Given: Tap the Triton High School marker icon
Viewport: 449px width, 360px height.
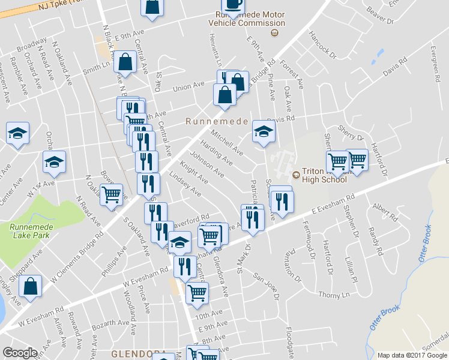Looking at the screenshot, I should click(x=295, y=175).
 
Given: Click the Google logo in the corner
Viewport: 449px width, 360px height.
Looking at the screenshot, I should click(x=20, y=353).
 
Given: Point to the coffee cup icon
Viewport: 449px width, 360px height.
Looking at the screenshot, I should click(x=232, y=4).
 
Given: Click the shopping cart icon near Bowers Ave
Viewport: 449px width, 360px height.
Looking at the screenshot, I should click(x=112, y=195).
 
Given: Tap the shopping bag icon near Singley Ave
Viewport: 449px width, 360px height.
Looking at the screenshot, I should click(x=30, y=287).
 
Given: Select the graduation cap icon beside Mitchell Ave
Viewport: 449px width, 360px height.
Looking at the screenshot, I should click(x=263, y=132).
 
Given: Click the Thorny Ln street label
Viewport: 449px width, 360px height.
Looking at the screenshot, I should click(x=334, y=295).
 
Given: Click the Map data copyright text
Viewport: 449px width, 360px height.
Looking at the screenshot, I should click(x=412, y=355).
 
